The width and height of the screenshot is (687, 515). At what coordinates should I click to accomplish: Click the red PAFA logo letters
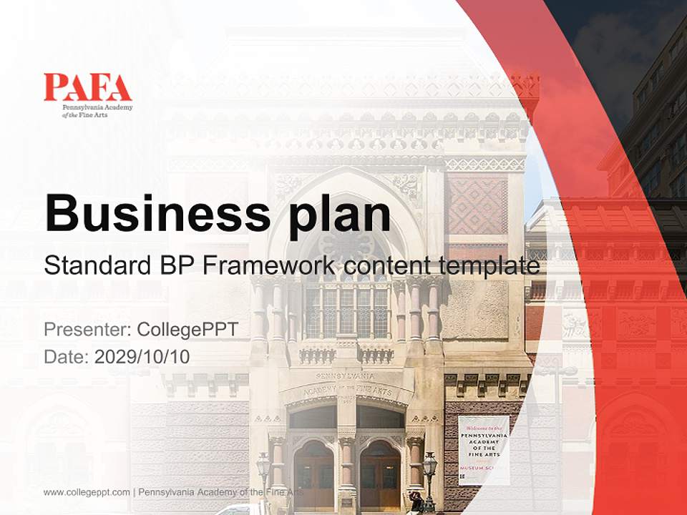coord(87,87)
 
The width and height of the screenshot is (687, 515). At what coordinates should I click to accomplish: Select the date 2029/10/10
coord(142,356)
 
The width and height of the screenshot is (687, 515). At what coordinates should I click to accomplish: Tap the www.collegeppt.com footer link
coord(87,492)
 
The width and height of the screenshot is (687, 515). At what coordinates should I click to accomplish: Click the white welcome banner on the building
coord(484,450)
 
